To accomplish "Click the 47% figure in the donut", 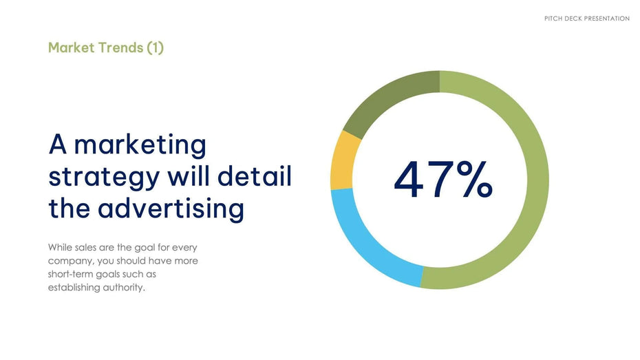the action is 443,180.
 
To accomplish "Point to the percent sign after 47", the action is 475,180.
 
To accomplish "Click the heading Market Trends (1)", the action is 106,47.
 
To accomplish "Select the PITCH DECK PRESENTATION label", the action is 587,19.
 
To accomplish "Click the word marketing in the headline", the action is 140,145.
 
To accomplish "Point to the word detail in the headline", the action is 255,176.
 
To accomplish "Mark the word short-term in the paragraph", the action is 70,274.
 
